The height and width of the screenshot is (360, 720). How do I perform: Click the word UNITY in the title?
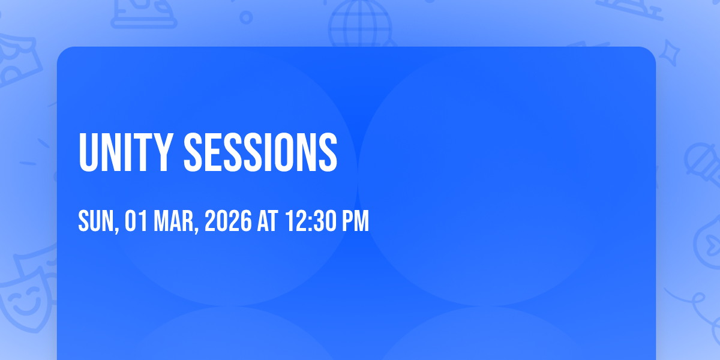(x=126, y=152)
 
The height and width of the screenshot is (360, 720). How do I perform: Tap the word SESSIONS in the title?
(x=260, y=152)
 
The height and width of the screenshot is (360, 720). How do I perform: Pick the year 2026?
(x=228, y=221)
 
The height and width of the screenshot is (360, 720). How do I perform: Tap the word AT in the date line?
(x=268, y=221)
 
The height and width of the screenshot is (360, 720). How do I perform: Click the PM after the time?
(x=355, y=221)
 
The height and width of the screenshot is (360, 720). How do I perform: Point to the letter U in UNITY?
(x=88, y=153)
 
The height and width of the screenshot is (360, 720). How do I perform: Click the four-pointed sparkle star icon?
(x=670, y=53)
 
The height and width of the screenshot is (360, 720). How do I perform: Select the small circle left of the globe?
(x=246, y=17)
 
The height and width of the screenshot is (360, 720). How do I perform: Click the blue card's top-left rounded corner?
(x=62, y=52)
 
